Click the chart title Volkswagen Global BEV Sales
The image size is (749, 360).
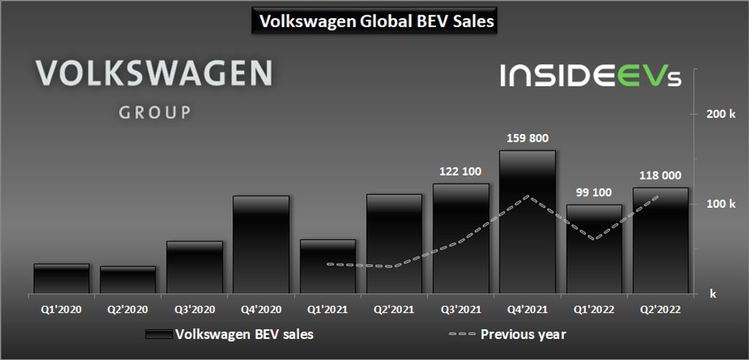(374, 22)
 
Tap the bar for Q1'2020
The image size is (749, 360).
(61, 279)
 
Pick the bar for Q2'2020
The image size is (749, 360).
(128, 280)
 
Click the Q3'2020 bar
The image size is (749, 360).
(195, 267)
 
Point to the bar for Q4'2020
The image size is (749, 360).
(261, 244)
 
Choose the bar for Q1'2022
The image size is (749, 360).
(594, 249)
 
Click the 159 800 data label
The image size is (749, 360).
(527, 138)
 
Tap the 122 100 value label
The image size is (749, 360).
(461, 171)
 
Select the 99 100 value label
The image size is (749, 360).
(594, 192)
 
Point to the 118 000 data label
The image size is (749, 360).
(660, 176)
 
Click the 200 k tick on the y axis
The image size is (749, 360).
(720, 114)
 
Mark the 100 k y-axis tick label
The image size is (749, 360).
(720, 204)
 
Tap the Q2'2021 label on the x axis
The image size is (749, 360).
(394, 310)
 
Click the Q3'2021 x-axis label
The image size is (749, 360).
(461, 310)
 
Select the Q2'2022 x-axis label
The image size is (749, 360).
(660, 310)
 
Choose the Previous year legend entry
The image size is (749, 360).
(522, 334)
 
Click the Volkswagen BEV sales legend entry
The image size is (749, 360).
(244, 334)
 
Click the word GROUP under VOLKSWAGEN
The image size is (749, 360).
(154, 113)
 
